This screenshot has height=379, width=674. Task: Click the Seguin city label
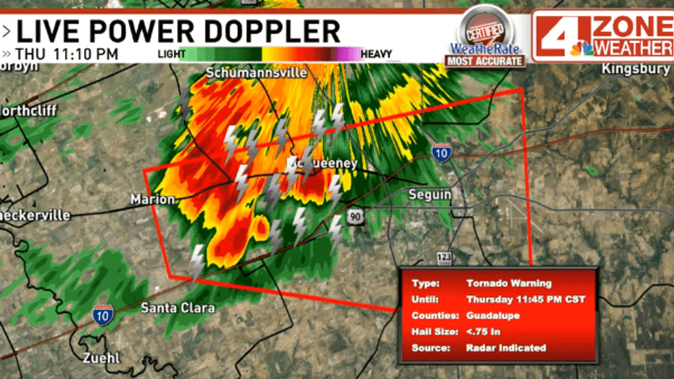tap(430, 195)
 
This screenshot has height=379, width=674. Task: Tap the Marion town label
tap(152, 199)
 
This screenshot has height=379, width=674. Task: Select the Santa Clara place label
tap(178, 308)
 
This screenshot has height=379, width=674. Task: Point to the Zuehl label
tap(102, 358)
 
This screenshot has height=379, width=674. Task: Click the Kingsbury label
tap(635, 69)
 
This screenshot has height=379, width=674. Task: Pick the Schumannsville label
tap(257, 72)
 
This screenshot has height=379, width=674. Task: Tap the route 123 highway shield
tap(444, 258)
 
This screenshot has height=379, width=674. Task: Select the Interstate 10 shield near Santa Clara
tap(104, 314)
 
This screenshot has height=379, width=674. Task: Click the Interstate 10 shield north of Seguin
tap(441, 154)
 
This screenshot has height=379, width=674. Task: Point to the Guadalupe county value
tap(492, 315)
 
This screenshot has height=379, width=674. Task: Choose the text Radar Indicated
tap(506, 348)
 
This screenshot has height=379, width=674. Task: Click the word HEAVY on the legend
tap(376, 54)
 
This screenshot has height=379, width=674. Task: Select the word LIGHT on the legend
tap(171, 54)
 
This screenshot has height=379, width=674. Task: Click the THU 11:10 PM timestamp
tap(67, 54)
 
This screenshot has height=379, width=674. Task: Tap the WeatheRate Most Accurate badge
tap(485, 38)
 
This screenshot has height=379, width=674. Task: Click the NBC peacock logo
tap(582, 48)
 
